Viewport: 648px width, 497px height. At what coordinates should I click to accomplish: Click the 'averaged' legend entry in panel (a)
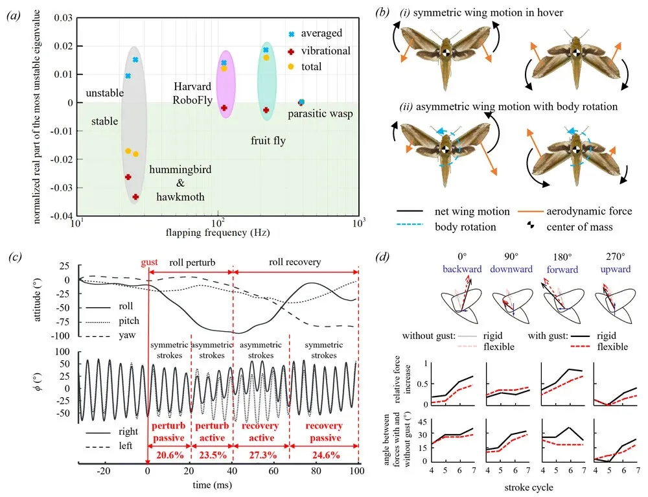point(324,33)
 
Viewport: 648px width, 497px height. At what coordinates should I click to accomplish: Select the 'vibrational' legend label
point(328,50)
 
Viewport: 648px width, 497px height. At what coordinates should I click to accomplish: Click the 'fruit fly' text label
point(268,139)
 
